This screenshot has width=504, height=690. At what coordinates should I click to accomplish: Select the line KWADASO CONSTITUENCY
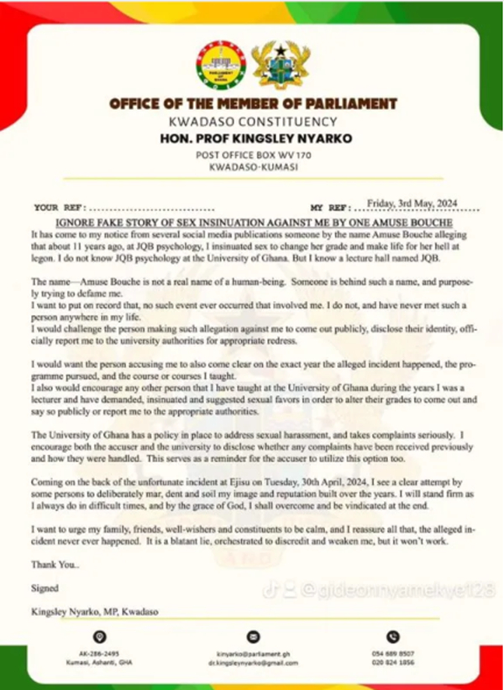251,122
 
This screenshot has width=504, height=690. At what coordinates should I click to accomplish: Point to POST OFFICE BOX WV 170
251,156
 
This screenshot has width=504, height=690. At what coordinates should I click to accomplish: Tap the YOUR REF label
56,207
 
